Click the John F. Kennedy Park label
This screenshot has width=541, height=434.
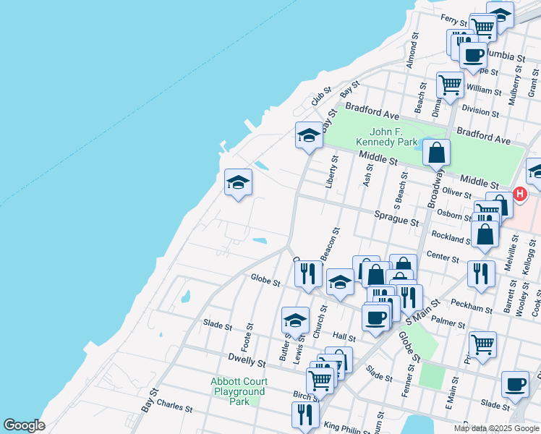pyautogui.click(x=396, y=137)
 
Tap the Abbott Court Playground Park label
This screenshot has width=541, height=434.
pyautogui.click(x=239, y=391)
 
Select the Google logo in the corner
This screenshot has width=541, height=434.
pyautogui.click(x=24, y=425)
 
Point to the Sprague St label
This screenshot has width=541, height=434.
pyautogui.click(x=397, y=216)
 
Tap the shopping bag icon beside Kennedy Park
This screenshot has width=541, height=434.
pyautogui.click(x=437, y=153)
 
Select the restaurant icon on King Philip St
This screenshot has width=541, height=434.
pyautogui.click(x=305, y=415)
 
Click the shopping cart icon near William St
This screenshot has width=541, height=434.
pyautogui.click(x=450, y=85)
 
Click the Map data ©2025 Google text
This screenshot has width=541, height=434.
pyautogui.click(x=495, y=428)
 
